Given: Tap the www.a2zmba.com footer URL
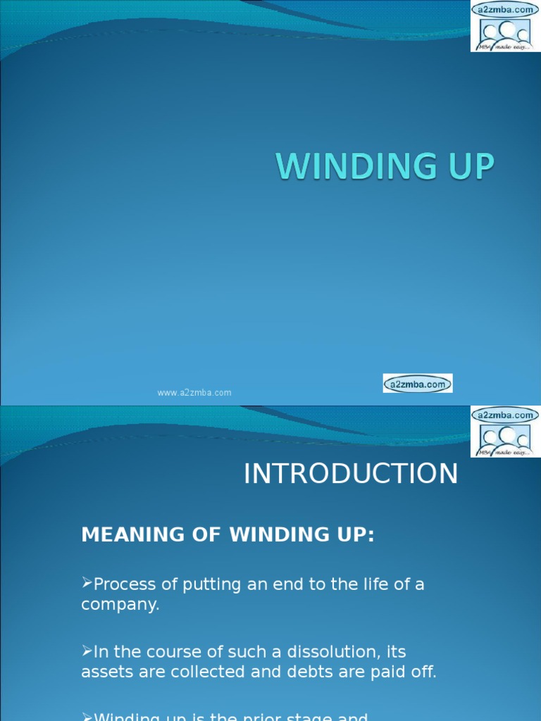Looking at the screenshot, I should [194, 393].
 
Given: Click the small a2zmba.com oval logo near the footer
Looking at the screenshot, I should [418, 384].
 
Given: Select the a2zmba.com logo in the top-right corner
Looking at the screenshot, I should [505, 26].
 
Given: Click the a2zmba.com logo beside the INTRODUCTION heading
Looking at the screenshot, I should [505, 432].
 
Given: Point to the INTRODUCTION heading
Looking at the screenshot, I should [351, 474].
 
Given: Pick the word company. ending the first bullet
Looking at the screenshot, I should [120, 604].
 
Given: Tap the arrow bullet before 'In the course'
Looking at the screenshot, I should [87, 650].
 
